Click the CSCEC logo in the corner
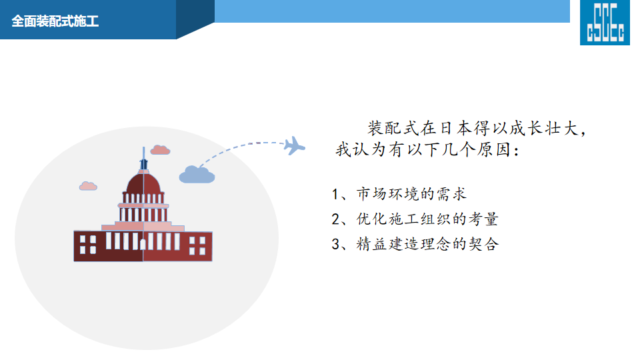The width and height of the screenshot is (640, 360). click(x=605, y=23)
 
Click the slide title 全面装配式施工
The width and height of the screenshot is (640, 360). click(x=55, y=21)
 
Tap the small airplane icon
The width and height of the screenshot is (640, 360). click(x=294, y=146)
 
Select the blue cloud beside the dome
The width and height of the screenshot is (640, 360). click(x=197, y=174)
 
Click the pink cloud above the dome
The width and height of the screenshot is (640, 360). click(x=160, y=150)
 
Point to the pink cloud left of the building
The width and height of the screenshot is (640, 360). click(x=88, y=186)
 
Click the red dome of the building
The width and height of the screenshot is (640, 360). click(x=143, y=183)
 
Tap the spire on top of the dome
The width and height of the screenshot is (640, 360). click(x=144, y=159)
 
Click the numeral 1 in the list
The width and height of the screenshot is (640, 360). click(x=335, y=194)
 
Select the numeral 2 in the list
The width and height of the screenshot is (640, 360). click(x=335, y=219)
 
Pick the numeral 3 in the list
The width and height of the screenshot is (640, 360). click(x=335, y=244)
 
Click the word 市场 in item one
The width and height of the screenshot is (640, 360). click(x=371, y=194)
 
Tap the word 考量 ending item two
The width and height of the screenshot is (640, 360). click(x=483, y=219)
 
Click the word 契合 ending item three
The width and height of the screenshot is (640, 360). click(x=484, y=244)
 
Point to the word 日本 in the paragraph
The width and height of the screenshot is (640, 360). click(x=455, y=128)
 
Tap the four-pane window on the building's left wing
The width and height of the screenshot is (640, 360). click(x=88, y=244)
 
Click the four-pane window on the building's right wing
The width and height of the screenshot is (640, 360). click(x=197, y=245)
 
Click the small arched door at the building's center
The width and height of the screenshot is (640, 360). click(x=143, y=244)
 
